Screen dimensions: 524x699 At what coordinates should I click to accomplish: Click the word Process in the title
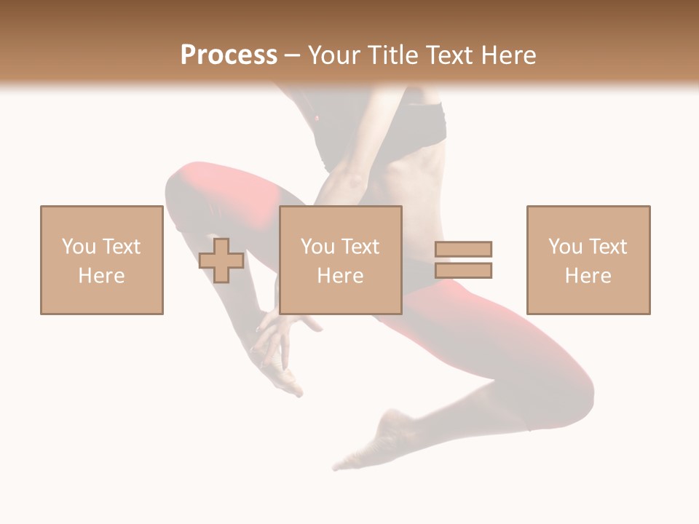tap(229, 55)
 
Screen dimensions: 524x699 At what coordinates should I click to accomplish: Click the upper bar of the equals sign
tap(463, 250)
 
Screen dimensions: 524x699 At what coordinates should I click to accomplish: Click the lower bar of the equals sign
tap(463, 271)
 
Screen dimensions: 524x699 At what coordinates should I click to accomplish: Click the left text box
tap(102, 260)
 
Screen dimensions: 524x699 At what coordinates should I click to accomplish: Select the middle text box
tap(341, 260)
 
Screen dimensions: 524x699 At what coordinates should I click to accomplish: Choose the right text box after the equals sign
tap(588, 260)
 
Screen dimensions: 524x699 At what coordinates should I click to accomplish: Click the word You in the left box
tap(79, 247)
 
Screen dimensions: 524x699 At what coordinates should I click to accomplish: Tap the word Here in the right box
tap(588, 276)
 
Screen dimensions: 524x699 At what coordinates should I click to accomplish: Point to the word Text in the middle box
tap(360, 247)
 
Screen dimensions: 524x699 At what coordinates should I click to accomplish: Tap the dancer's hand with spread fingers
tap(280, 342)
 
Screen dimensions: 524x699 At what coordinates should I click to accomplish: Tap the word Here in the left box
tap(102, 276)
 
